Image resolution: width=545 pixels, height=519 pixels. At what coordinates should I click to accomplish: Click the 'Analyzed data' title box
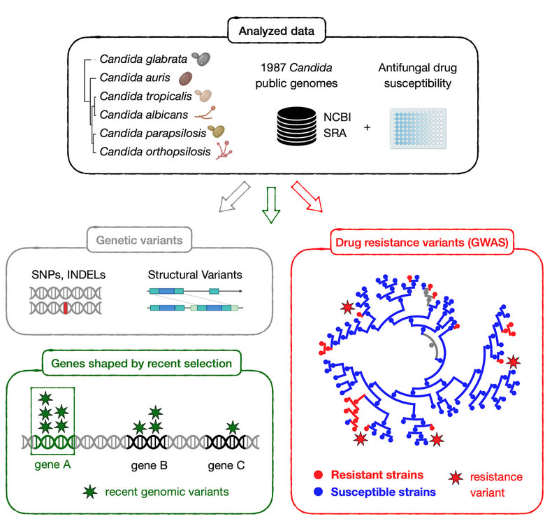[x=276, y=31]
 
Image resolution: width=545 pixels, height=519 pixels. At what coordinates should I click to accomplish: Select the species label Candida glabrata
[x=143, y=59]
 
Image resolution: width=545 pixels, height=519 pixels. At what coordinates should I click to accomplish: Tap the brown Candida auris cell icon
[x=186, y=78]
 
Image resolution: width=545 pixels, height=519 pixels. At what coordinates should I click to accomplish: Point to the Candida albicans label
[x=143, y=115]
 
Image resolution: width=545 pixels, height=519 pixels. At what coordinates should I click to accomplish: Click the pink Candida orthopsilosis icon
[x=224, y=150]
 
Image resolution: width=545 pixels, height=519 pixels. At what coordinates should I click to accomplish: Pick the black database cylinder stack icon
[x=296, y=126]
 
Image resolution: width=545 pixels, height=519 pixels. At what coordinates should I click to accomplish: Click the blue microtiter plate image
[x=418, y=128]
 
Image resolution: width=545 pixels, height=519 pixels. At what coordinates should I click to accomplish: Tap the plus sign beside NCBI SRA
[x=367, y=127]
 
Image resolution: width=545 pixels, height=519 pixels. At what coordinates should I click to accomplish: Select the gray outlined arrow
[x=235, y=197]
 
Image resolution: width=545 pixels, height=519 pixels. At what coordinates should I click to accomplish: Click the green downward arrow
[x=271, y=205]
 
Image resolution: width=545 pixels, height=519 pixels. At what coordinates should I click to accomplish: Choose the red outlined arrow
[x=307, y=197]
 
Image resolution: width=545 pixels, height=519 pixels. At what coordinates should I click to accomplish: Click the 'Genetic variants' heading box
[x=139, y=240]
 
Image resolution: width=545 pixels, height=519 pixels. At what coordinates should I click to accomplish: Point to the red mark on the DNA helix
[x=66, y=308]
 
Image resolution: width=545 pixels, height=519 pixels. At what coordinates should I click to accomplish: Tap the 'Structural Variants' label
[x=195, y=275]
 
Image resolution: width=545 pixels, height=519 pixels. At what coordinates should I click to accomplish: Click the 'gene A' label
[x=52, y=464]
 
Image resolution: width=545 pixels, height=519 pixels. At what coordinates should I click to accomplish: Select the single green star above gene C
[x=233, y=427]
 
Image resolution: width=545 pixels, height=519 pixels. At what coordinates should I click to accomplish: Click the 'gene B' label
[x=149, y=465]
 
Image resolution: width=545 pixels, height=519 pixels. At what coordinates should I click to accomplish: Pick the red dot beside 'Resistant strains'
[x=318, y=474]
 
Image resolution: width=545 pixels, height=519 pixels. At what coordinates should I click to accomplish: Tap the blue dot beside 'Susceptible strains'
[x=318, y=492]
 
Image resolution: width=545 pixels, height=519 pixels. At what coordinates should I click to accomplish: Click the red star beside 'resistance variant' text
[x=456, y=478]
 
